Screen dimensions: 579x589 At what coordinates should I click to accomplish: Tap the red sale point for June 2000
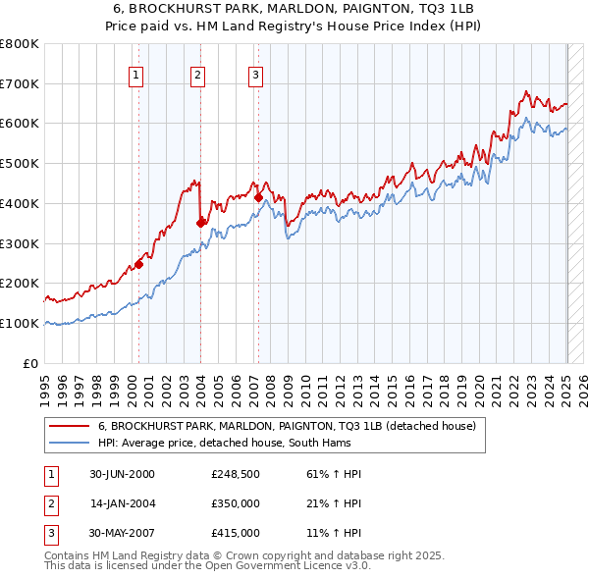pos(139,263)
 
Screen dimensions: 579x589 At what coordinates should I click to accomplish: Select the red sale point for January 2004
pos(200,223)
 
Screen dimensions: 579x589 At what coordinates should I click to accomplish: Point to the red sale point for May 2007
pos(258,197)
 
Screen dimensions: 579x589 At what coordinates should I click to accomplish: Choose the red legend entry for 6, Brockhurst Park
pos(287,426)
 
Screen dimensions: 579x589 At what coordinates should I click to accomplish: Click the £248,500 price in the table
pos(236,474)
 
